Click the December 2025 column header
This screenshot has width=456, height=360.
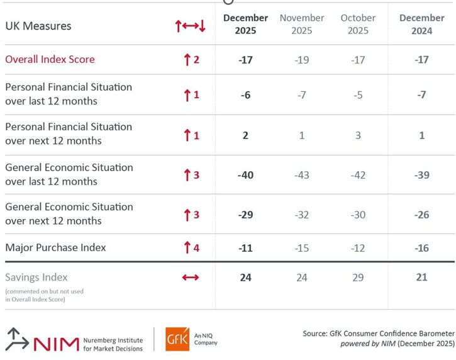pos(245,24)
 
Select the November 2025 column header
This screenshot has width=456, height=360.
pos(302,24)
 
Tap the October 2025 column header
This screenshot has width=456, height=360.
pos(358,24)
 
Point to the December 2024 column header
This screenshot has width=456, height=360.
pos(421,24)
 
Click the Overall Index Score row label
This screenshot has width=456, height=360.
pos(50,59)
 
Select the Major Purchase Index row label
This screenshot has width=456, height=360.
pos(55,247)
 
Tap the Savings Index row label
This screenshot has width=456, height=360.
pos(36,277)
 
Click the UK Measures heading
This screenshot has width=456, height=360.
pos(38,26)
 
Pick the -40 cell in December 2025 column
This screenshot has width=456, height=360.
pos(245,174)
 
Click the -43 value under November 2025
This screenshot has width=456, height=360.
pos(302,174)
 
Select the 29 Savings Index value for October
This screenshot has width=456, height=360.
pos(358,278)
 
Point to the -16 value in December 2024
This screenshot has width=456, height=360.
pos(421,248)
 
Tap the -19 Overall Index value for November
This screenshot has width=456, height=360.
pos(302,60)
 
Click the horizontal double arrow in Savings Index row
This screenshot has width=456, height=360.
pos(190,278)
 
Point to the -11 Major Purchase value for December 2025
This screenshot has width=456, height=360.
pos(245,248)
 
